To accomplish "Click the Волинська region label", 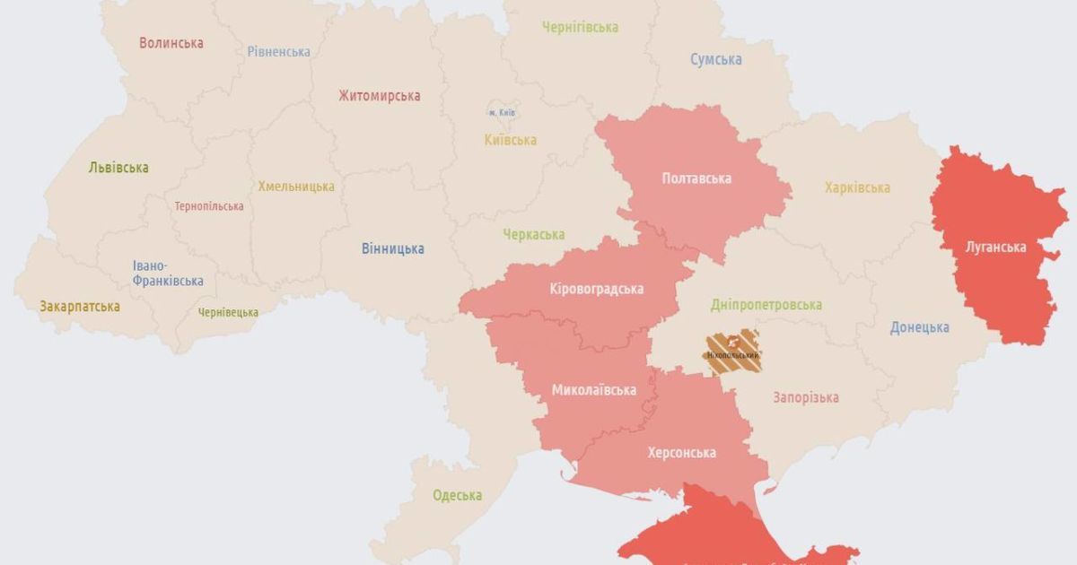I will (171, 42).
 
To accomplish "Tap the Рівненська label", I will (279, 51).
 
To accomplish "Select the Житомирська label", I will (380, 96).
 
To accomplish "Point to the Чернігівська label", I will (580, 27).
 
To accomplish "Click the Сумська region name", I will (715, 59).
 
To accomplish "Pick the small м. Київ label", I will (502, 113).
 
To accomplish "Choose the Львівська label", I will (118, 168).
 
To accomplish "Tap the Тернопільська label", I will (209, 206).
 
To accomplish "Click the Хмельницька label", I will (296, 187).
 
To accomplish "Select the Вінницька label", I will (393, 248).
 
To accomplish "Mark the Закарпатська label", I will (80, 307).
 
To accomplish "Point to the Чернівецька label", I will (228, 312).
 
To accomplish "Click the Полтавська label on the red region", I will (696, 178).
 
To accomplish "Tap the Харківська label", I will (857, 187).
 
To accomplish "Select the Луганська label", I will (995, 247).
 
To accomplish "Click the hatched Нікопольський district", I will (732, 351).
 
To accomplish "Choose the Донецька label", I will (919, 327).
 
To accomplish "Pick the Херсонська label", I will (681, 453).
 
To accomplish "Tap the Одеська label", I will (457, 495).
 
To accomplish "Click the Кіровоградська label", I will (597, 289).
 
